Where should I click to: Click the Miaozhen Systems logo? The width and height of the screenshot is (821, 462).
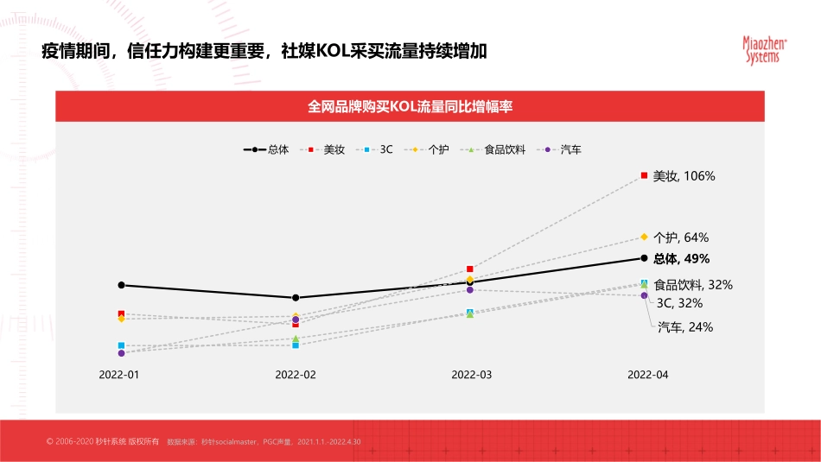point(761,49)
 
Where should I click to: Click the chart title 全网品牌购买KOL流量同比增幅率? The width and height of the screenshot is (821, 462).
point(410,107)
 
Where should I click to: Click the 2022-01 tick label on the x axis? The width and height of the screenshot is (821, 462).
point(119,375)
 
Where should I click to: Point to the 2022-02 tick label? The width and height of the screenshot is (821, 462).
point(296,375)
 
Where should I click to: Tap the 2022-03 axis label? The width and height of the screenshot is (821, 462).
point(472,375)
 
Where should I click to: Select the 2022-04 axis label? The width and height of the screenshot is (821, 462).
point(648,375)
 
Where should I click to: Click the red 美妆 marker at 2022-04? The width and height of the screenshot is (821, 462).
point(644,175)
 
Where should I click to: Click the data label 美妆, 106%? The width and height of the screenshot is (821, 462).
point(684,176)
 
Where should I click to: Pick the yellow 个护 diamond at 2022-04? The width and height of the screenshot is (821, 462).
point(644,237)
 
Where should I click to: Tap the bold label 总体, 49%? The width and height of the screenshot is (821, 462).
point(682,258)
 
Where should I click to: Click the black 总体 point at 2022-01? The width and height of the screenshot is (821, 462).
point(122,285)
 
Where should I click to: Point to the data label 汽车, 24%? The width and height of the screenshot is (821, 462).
point(685,327)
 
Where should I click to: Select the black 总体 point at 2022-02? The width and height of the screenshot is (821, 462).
point(296,298)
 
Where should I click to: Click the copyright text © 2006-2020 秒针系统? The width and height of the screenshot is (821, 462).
point(103,442)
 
